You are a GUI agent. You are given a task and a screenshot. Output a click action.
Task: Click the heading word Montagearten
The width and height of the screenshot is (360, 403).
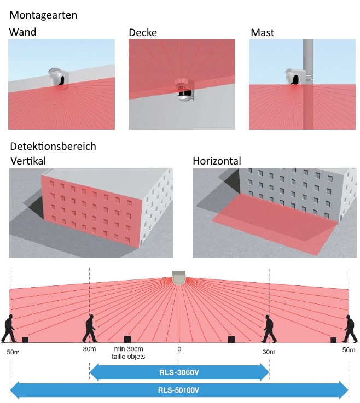(x=43, y=15)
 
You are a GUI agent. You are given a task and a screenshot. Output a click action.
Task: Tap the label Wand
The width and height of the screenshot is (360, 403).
(x=22, y=32)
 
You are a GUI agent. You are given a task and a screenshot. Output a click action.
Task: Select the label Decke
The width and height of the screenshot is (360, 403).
(x=143, y=32)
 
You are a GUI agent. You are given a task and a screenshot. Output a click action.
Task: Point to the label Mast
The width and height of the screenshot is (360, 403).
(x=262, y=32)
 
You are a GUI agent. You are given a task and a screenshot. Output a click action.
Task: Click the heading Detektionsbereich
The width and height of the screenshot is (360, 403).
(x=53, y=146)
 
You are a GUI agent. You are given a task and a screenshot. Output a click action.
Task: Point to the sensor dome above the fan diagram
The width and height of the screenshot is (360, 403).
(x=179, y=277)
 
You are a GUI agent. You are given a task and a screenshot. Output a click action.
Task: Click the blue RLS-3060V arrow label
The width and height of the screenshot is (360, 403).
(x=179, y=373)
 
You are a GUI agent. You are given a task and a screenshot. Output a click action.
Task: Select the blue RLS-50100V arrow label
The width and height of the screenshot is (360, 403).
(x=179, y=390)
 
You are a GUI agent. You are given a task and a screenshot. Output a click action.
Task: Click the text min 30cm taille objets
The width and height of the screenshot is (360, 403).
(x=127, y=352)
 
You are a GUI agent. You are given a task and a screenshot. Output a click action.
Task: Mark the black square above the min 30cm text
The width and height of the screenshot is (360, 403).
(x=127, y=339)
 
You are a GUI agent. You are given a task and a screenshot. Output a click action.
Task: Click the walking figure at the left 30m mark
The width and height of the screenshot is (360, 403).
(x=90, y=329)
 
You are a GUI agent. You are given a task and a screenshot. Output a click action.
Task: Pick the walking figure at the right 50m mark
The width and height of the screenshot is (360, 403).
(x=349, y=329)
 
